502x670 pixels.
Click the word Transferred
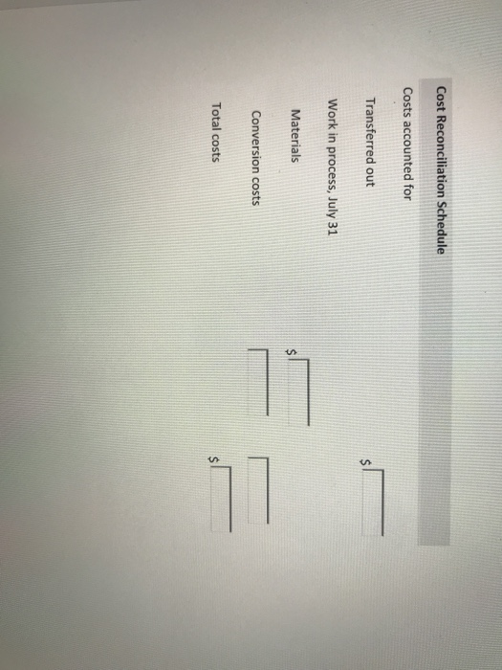click(x=370, y=130)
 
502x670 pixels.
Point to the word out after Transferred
click(x=370, y=176)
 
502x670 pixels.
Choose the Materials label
click(x=295, y=136)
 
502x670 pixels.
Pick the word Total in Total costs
click(x=217, y=115)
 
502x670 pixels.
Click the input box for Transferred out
click(x=373, y=502)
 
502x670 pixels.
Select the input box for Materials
click(x=298, y=391)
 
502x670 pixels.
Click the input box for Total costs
click(x=221, y=499)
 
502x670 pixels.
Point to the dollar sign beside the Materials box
click(x=291, y=351)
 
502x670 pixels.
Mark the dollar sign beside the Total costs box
click(x=213, y=459)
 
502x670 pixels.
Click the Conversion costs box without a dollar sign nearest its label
click(x=258, y=382)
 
